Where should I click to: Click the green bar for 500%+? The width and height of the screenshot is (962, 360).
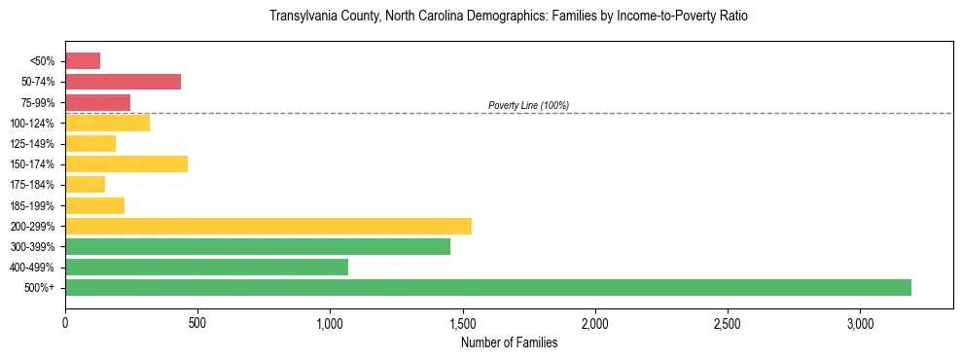[x=488, y=287]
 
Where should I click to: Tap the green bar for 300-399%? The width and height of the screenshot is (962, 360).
[x=258, y=246]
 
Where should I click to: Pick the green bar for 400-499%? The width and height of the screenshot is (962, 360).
[x=206, y=267]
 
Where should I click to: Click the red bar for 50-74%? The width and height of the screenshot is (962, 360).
[x=123, y=82]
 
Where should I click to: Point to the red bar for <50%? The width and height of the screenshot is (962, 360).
[x=83, y=61]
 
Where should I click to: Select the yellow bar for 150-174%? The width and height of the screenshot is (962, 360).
[x=126, y=163]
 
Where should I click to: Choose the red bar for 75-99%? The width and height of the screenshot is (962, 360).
[x=97, y=102]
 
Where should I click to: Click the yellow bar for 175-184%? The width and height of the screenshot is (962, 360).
[x=85, y=185]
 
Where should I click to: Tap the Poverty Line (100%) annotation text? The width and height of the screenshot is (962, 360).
[x=528, y=105]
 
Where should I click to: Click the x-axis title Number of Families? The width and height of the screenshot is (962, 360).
[x=509, y=342]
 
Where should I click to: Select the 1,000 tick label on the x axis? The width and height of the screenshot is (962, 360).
[x=330, y=322]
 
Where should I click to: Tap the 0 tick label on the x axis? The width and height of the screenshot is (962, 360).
[x=65, y=322]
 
